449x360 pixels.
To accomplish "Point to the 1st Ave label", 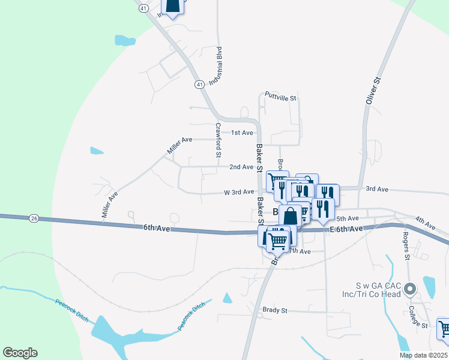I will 243,133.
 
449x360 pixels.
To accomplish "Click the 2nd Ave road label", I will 241,167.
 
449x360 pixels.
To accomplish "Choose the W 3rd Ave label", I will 239,192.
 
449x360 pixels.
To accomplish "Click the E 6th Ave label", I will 346,229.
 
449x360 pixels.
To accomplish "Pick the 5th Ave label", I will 348,218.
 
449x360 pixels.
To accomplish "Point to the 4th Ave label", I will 424,223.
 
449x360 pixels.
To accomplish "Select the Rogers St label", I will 406,245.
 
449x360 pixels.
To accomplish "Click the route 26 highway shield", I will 34,218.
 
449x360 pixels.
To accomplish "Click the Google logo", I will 20,353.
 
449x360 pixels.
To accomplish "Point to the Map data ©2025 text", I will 423,355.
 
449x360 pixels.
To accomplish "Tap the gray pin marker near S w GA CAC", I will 410,290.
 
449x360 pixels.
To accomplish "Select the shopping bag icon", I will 290,215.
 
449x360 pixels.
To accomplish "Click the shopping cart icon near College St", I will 444,328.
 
